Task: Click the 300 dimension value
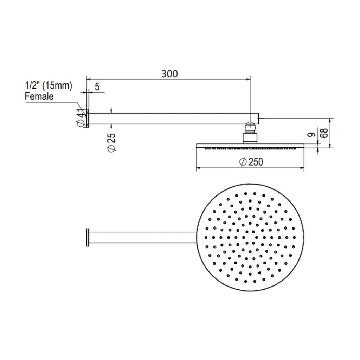(170, 74)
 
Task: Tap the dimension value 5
(97, 86)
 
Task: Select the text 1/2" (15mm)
(49, 85)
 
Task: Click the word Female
(39, 96)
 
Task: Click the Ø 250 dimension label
(251, 162)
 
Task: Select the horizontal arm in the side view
(174, 118)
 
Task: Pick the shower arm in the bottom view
(142, 237)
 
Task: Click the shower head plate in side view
(250, 146)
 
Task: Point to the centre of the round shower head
(250, 237)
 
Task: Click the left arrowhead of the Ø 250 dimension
(198, 168)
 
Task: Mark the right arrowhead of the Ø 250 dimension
(302, 168)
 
